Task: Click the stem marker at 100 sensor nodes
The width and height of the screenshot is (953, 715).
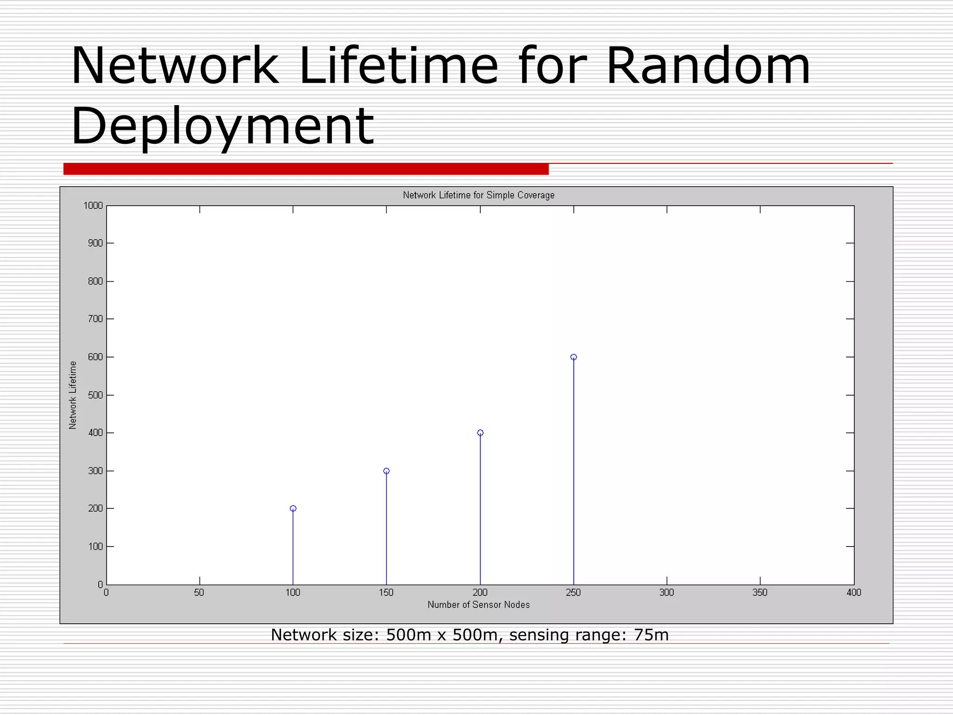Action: coord(293,508)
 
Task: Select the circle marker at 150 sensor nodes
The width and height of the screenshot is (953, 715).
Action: coord(386,471)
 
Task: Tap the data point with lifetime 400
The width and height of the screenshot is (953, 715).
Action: coord(480,433)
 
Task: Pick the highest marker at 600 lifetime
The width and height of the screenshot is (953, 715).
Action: coord(573,357)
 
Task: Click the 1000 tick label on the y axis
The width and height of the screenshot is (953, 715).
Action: coord(93,206)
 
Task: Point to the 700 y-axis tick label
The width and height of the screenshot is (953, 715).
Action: coord(95,319)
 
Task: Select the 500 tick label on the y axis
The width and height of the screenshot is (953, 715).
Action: coord(95,395)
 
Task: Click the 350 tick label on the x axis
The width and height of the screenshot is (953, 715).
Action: coord(760,593)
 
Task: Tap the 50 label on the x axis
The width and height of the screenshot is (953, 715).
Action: coord(199,593)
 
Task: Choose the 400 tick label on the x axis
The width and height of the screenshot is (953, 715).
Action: coord(853,593)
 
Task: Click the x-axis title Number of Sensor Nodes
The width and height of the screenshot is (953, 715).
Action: coord(478,605)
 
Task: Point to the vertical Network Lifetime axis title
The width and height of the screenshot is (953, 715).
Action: coord(73,395)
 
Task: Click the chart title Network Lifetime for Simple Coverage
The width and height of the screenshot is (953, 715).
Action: coord(478,195)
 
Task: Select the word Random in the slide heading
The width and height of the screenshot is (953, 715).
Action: coord(708,66)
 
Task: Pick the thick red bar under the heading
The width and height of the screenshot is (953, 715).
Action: coord(306,169)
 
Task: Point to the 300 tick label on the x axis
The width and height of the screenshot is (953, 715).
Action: coord(666,593)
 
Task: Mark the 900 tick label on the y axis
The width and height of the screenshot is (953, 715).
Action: coord(95,243)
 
